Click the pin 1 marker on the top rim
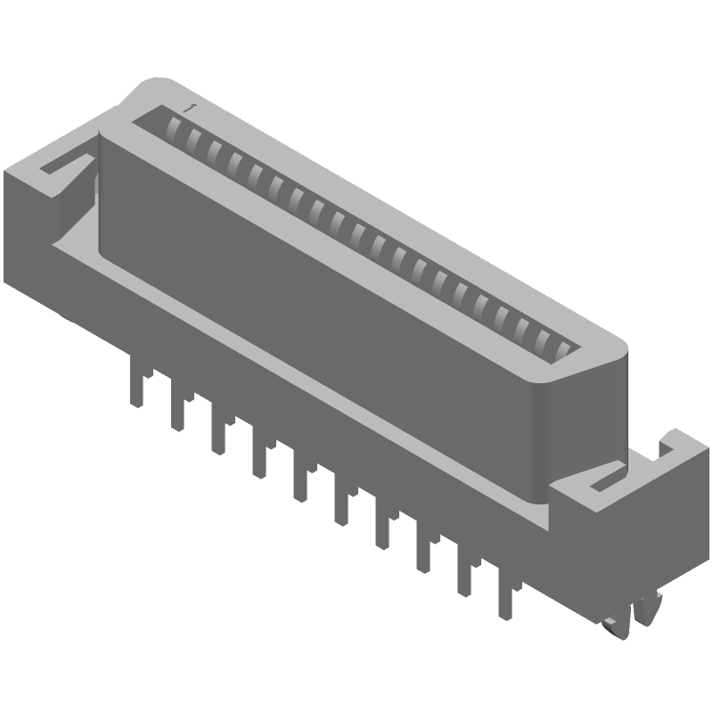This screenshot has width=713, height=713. pos(186,107)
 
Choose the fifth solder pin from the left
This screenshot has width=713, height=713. pos(299,477)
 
